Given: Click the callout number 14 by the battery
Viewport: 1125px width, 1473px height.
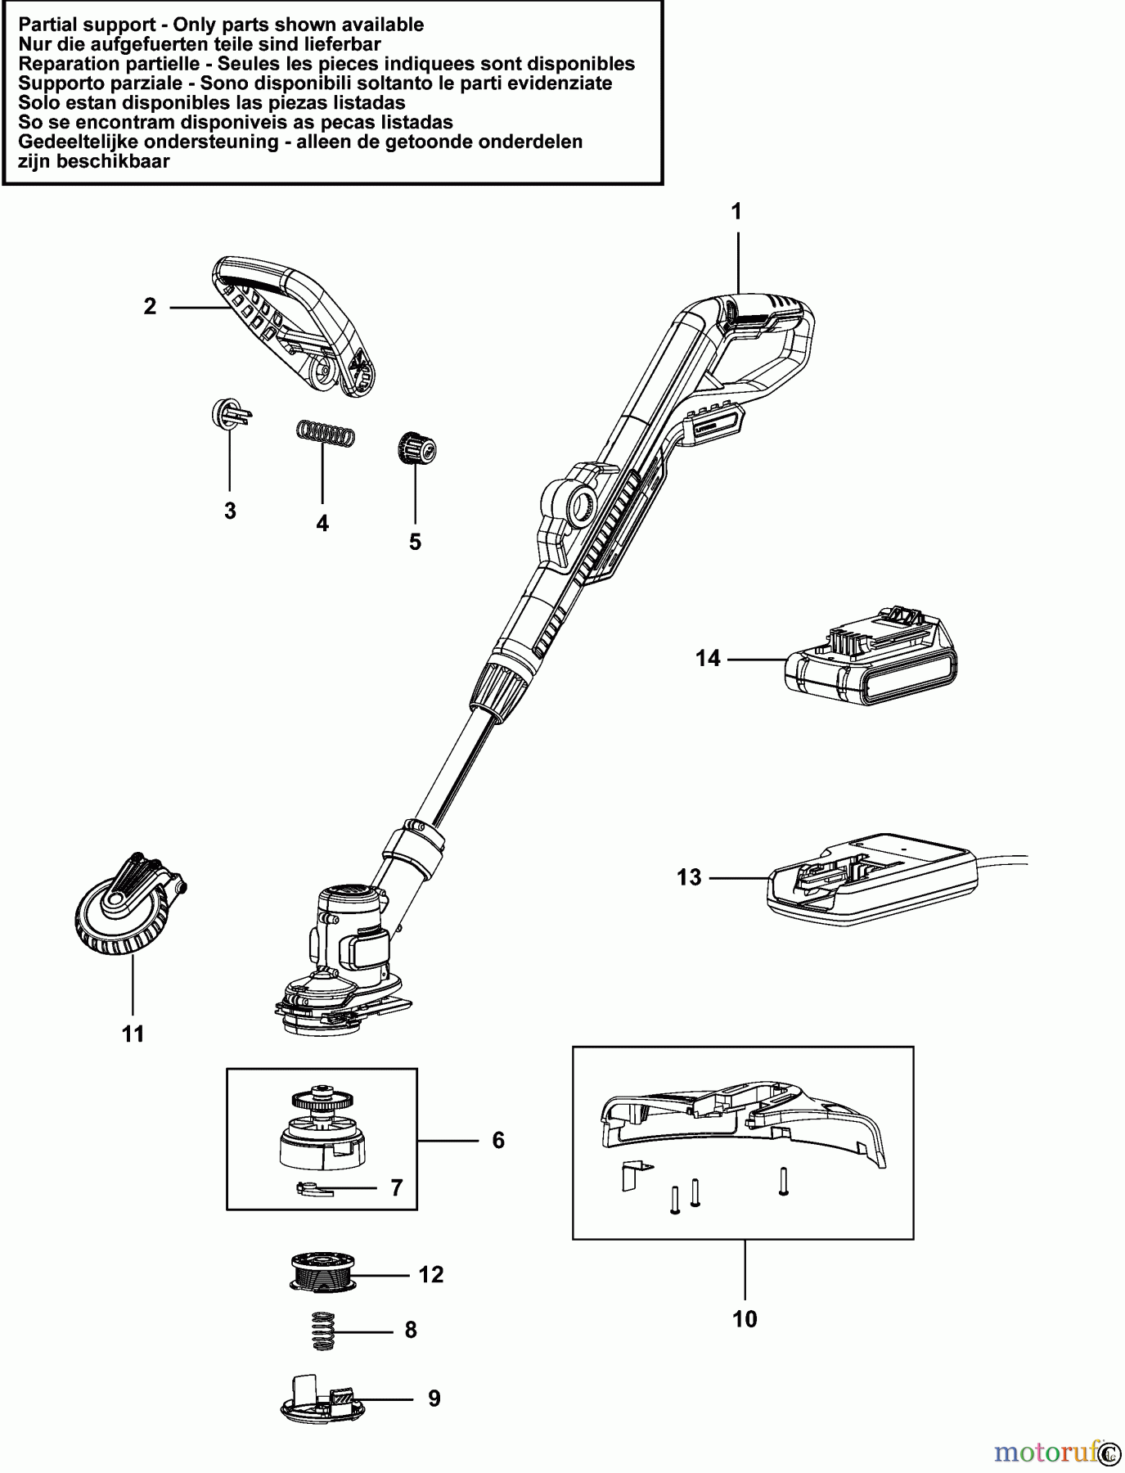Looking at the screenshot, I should click(x=708, y=658).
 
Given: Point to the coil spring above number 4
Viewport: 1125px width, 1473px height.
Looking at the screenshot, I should click(x=326, y=433).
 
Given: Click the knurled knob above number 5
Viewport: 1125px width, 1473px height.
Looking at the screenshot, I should click(x=417, y=449).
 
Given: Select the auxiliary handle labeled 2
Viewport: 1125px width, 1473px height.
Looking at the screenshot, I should click(x=295, y=327).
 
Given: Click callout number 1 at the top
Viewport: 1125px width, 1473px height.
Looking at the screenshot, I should click(x=736, y=212).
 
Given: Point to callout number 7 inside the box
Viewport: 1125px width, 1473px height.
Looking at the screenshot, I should click(x=397, y=1187).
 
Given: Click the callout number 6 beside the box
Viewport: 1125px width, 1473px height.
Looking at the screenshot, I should click(x=498, y=1140).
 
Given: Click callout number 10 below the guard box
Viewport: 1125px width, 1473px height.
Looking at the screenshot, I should click(x=745, y=1319).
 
